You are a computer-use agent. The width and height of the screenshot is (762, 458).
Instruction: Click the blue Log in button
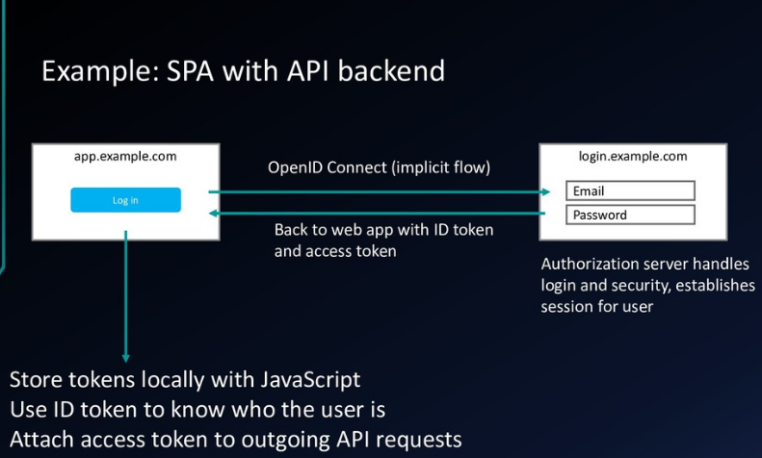(125, 200)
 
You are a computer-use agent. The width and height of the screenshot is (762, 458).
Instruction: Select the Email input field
(629, 191)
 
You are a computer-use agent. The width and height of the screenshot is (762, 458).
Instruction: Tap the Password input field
(629, 216)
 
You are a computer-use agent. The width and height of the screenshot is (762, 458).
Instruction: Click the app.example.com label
(125, 156)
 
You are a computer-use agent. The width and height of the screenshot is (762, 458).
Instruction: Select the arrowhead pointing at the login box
(559, 191)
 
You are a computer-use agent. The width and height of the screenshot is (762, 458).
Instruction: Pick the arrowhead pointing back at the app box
(215, 215)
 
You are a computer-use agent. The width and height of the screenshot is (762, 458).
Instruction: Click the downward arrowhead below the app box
(125, 358)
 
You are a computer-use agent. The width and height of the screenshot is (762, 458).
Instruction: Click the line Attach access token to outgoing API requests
(236, 440)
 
